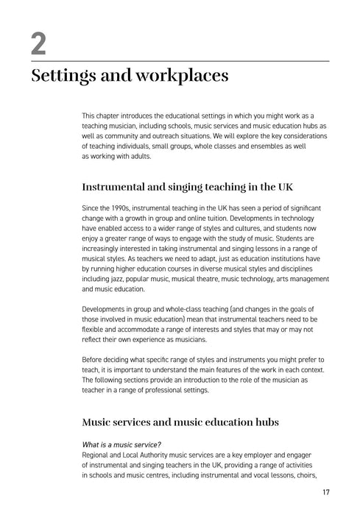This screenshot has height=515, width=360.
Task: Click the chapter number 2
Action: pos(38,45)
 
